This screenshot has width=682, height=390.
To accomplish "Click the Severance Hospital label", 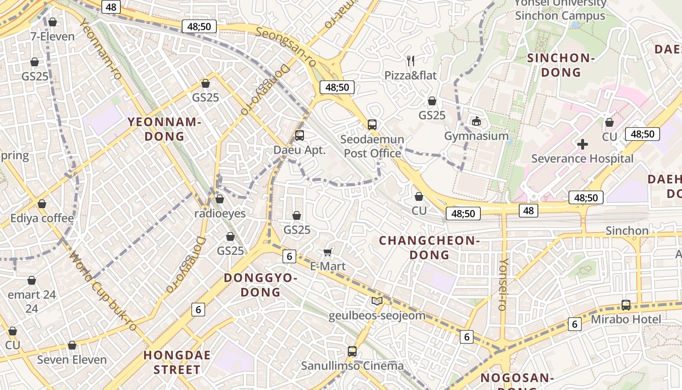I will click(582, 158).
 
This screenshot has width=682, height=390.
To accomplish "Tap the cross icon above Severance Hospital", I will click(582, 144).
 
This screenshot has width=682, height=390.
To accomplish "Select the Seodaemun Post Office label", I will click(372, 146).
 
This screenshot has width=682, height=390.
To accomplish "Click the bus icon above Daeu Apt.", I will click(300, 136).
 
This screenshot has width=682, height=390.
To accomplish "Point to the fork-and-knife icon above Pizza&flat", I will click(411, 61).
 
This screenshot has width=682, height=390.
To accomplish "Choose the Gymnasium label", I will click(476, 136).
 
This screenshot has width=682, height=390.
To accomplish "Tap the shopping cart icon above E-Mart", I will click(328, 252).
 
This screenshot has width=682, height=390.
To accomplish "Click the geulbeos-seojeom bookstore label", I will click(377, 315).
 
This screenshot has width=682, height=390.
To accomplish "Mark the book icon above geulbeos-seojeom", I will click(377, 301).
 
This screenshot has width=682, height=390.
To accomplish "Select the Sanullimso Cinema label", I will click(352, 366).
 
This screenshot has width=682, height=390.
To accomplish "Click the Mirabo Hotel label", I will click(626, 319).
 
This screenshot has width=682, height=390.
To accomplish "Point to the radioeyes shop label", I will click(220, 214).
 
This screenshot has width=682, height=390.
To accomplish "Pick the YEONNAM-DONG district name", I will click(165, 129).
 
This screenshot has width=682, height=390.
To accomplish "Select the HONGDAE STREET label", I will click(177, 362).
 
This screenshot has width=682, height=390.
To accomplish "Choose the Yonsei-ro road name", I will click(503, 285).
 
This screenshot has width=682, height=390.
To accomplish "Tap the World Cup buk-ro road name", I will click(102, 291).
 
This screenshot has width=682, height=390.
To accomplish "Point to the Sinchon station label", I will click(626, 231).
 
